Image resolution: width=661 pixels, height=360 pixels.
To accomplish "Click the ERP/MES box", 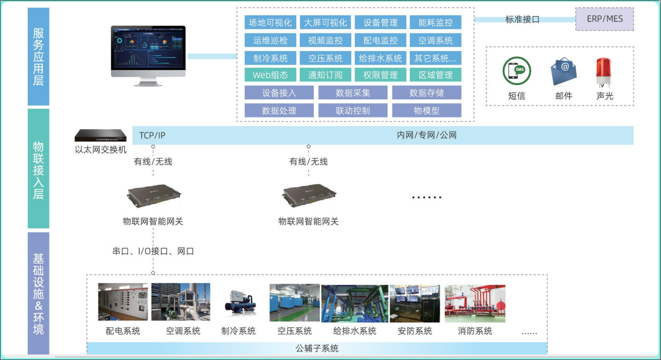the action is (x=605, y=19).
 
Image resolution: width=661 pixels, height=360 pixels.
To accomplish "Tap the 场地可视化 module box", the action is (x=270, y=22).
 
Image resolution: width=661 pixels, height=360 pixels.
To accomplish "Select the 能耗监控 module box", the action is (x=436, y=22).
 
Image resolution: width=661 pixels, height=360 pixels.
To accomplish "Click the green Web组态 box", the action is (x=270, y=75).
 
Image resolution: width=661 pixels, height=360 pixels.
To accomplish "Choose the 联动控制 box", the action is (x=353, y=110).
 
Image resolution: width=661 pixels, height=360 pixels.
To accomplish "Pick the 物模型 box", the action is (x=427, y=110).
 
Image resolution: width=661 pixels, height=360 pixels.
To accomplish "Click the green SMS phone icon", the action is (x=517, y=71).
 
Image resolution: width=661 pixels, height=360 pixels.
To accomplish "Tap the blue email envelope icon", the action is (x=563, y=71).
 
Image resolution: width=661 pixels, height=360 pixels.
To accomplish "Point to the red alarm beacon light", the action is (x=603, y=72).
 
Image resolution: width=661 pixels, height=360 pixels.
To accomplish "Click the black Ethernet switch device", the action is (x=101, y=135).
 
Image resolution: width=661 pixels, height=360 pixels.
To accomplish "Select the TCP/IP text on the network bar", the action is (x=152, y=135).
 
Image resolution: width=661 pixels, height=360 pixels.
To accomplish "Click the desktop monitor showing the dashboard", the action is (x=148, y=56).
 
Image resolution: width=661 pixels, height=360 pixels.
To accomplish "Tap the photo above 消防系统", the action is (x=475, y=303).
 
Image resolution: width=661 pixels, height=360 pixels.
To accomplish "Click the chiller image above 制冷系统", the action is (x=240, y=303).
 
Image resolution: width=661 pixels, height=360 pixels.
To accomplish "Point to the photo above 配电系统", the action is (x=123, y=301).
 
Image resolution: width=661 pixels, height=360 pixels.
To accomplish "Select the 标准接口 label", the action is (x=522, y=20).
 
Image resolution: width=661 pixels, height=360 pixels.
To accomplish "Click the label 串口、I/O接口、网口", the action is (x=153, y=251).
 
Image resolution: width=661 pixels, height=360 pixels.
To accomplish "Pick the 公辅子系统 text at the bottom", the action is (x=317, y=349).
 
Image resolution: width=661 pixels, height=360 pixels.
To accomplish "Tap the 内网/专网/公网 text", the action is (x=427, y=135).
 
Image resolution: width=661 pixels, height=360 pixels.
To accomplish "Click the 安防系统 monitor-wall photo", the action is (x=415, y=303).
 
